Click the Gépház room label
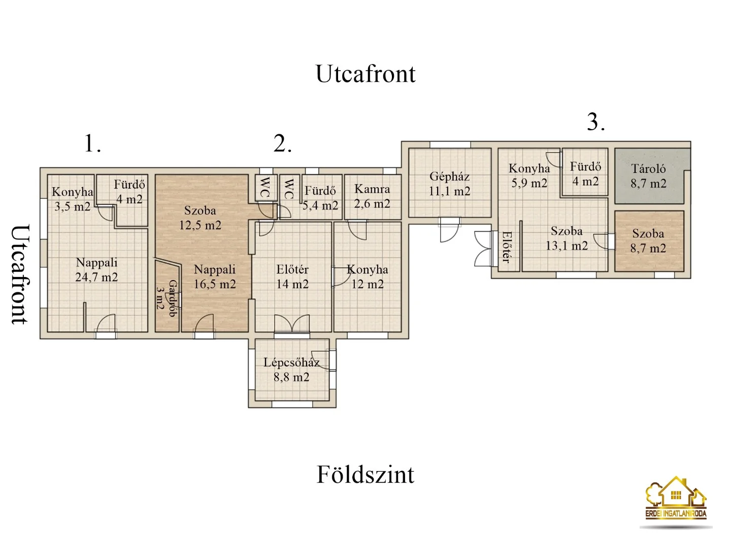tap(449, 184)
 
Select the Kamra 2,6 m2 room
tap(372, 197)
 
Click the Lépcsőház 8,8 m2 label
tap(291, 370)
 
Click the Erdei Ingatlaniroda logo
tap(676, 502)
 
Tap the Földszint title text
tap(365, 474)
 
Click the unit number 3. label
tap(596, 122)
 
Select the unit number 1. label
tap(92, 143)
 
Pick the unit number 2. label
tap(282, 143)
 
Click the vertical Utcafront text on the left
tap(21, 274)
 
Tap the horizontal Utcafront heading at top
tap(365, 74)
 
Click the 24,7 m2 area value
tap(96, 278)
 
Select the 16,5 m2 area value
tap(215, 284)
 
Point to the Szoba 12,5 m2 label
tap(200, 218)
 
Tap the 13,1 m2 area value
tap(567, 246)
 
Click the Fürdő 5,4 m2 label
tap(320, 198)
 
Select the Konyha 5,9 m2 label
tap(529, 176)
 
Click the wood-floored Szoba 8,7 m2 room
tap(649, 241)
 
